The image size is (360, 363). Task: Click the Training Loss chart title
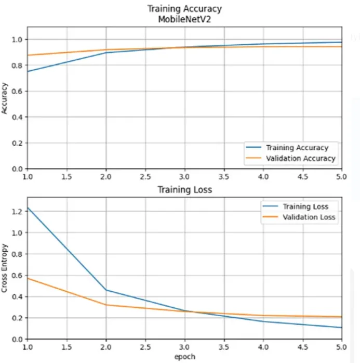184,190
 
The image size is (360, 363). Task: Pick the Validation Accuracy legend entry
300,159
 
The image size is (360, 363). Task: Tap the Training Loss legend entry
305,206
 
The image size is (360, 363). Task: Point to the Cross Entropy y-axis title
6,269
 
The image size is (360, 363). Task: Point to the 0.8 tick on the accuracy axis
18,66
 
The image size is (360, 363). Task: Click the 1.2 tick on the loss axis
18,212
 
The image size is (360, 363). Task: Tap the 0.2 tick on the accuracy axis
18,143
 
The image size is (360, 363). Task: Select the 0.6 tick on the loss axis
18,275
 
